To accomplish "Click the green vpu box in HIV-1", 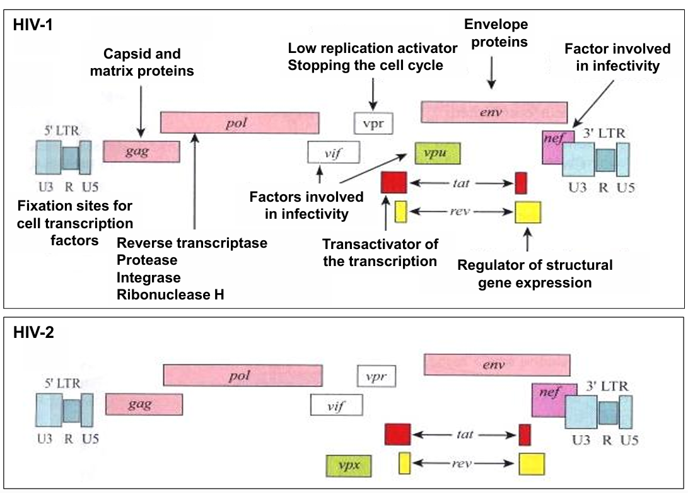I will (x=438, y=153).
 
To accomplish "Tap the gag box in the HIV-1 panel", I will (x=142, y=151).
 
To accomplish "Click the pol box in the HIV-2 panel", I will (x=243, y=375).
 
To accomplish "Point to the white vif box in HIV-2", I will (x=337, y=405).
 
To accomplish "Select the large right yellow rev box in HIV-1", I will (x=528, y=212).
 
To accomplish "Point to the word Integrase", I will (x=149, y=277).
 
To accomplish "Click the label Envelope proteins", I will (x=496, y=33).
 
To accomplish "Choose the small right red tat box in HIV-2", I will (x=524, y=434).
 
